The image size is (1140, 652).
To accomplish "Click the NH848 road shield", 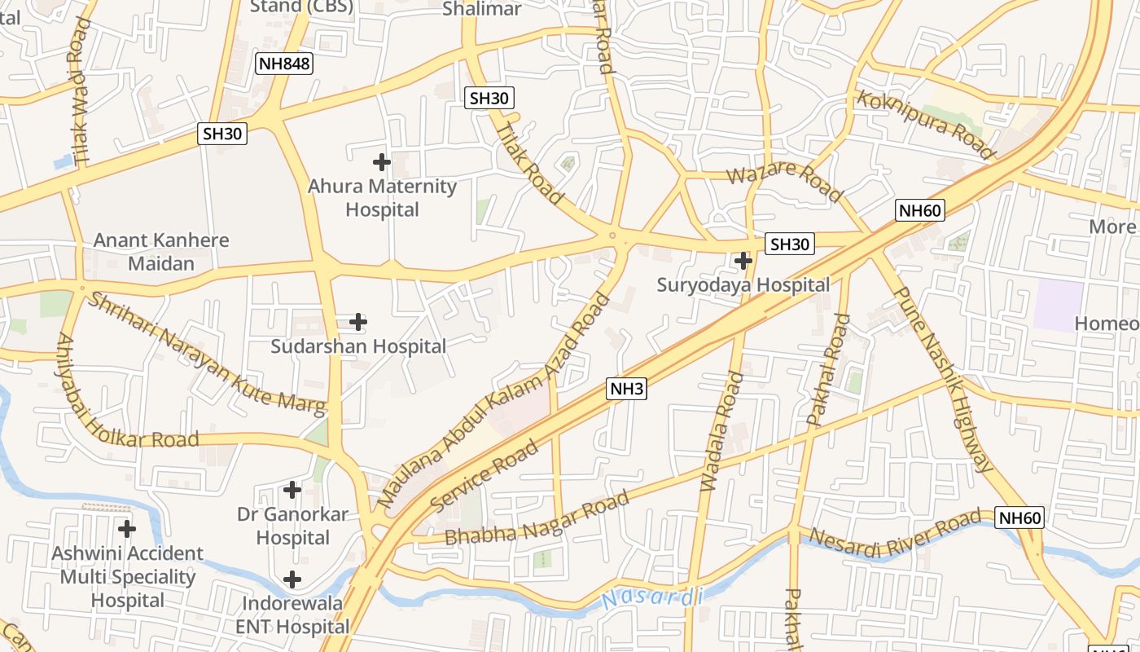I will pos(284,64).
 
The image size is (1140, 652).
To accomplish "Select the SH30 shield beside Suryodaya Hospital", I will pos(790,244).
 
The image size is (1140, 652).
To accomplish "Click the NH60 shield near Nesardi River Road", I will pos(1019,518).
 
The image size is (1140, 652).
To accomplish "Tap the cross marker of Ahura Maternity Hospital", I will pos(381,162).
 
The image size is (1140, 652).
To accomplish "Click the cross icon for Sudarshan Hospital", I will pos(357,322).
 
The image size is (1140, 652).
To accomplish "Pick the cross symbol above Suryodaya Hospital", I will pos(743,261).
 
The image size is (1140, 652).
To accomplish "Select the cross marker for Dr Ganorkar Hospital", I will pos(292,490).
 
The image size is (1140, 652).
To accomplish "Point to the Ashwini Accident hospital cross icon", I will pos(126,529).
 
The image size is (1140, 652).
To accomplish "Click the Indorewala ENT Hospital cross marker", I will pos(292,579).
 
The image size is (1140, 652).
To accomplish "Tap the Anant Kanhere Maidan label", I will pos(161,252).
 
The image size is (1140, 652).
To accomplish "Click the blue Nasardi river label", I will pos(652,598).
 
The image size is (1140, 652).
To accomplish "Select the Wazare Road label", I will pos(784,183).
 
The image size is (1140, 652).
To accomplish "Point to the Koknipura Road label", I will pos(926,124).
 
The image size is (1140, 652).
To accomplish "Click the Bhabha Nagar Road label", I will pos(537,518).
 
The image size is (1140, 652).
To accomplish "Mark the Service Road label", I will pos(484,476).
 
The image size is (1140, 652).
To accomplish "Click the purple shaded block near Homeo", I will pos(1059,305).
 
